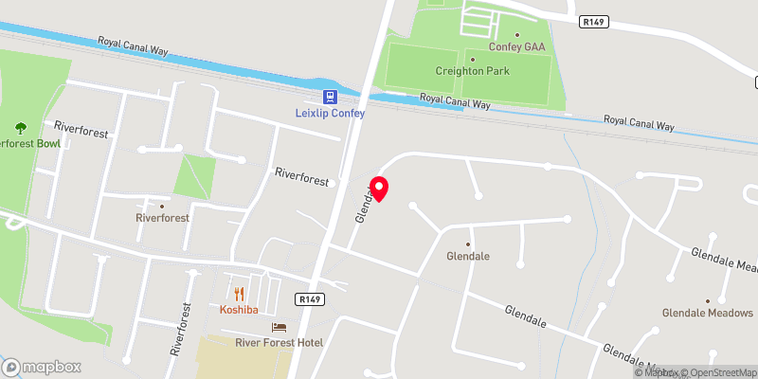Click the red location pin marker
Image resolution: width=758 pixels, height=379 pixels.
pos(379,189)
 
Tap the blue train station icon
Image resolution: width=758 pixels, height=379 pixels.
pos(329,97)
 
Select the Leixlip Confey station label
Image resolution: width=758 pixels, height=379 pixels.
pos(329,114)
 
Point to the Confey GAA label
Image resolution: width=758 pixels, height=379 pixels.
pos(516,46)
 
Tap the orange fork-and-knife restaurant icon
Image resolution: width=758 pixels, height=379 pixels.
pos(239,294)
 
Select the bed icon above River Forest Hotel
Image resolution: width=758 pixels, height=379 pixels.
pos(279,327)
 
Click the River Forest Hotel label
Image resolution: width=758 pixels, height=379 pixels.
pos(279,342)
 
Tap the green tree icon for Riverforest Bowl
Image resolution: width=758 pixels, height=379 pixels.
pos(20,128)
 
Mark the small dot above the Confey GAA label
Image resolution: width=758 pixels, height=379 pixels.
pos(516,35)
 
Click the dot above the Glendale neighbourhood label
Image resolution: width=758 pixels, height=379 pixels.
pos(467,244)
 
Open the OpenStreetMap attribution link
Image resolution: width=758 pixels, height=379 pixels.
pos(716,371)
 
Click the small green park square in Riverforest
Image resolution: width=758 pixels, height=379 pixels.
pos(194,176)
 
